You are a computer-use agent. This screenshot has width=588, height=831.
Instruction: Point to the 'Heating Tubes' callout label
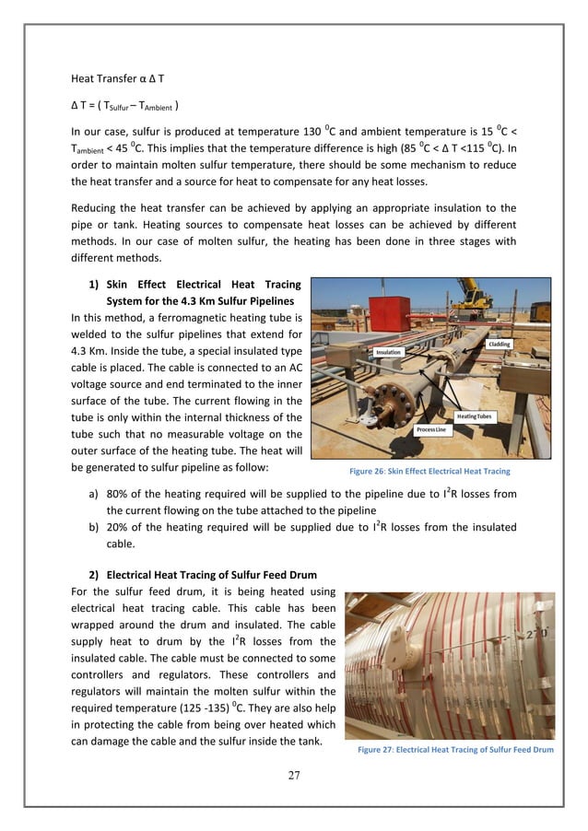click(474, 416)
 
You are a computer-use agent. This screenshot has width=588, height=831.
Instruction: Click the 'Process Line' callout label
click(432, 430)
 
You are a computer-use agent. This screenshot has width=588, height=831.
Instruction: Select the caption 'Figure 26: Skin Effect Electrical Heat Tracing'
click(429, 471)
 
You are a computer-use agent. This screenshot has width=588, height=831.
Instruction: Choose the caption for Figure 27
click(454, 750)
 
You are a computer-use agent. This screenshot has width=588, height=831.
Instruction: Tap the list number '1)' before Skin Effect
click(94, 285)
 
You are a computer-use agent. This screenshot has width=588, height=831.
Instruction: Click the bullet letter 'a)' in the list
click(94, 494)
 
